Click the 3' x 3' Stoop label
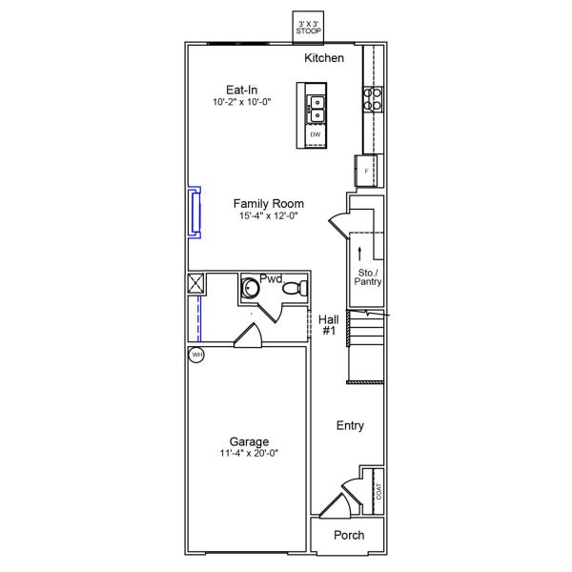pyautogui.click(x=309, y=28)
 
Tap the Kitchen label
pyautogui.click(x=324, y=59)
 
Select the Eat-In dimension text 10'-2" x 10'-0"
pyautogui.click(x=242, y=102)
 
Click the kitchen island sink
pyautogui.click(x=315, y=109)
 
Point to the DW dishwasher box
pyautogui.click(x=315, y=135)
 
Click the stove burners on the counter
pyautogui.click(x=373, y=99)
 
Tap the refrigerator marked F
pyautogui.click(x=367, y=171)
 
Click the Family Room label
pyautogui.click(x=269, y=203)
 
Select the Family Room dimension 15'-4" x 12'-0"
pyautogui.click(x=269, y=215)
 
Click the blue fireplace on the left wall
pyautogui.click(x=194, y=211)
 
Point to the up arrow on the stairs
pyautogui.click(x=359, y=253)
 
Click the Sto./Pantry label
pyautogui.click(x=367, y=277)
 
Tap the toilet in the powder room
pyautogui.click(x=298, y=288)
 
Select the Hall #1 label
pyautogui.click(x=329, y=325)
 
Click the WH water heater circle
pyautogui.click(x=196, y=356)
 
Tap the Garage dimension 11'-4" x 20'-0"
pyautogui.click(x=248, y=454)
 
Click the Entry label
pyautogui.click(x=350, y=426)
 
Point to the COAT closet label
pyautogui.click(x=379, y=491)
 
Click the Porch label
pyautogui.click(x=348, y=535)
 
